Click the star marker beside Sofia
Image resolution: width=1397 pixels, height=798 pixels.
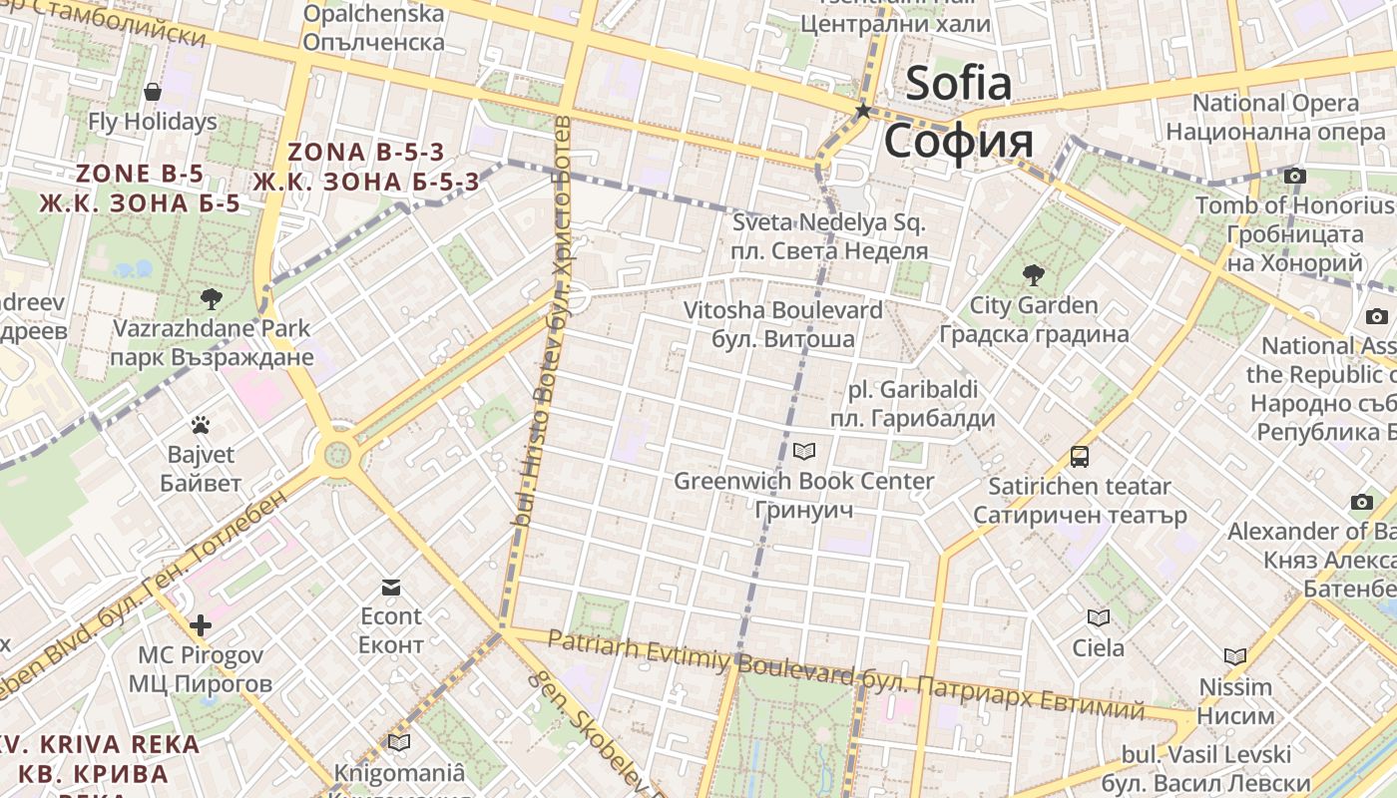coord(863,111)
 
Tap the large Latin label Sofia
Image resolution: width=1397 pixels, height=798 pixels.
coord(958,84)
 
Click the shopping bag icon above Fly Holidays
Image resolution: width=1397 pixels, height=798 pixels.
coord(153,93)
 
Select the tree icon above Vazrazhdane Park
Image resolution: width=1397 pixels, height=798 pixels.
coord(211,297)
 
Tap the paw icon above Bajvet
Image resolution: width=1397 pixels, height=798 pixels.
coord(201,425)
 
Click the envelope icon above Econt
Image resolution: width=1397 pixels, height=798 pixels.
coord(391,587)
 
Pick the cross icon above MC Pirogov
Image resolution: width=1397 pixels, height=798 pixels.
coord(201,625)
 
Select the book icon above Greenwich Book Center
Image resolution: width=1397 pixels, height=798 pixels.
coord(803,452)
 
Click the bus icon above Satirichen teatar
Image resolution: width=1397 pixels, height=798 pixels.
coord(1080,457)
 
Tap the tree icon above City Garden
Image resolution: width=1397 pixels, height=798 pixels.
coord(1033,274)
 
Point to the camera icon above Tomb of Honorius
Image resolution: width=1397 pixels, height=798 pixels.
coord(1294,177)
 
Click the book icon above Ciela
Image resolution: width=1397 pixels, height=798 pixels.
coord(1098,618)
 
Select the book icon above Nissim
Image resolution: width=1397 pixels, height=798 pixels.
coord(1235,657)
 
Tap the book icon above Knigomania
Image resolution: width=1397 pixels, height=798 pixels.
coord(399,743)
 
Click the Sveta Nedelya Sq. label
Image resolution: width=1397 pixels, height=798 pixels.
coord(829,222)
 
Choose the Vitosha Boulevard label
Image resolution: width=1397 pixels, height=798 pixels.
coord(782,310)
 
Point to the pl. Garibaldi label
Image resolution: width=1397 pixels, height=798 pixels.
coord(912,389)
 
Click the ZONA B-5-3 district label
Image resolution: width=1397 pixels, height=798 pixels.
coord(365,153)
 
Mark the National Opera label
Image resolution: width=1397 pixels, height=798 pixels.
coord(1275,103)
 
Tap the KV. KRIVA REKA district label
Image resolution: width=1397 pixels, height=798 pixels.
coord(100,744)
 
